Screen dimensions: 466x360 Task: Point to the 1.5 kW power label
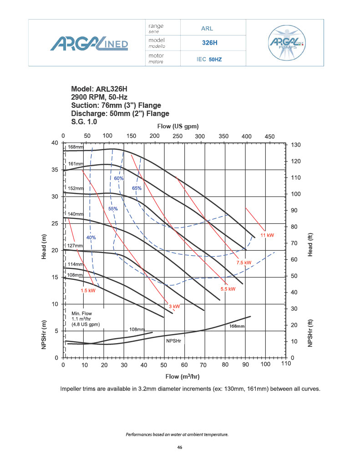(87, 290)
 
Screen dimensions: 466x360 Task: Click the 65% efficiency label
(137, 188)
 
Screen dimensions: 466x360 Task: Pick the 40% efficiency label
(91, 238)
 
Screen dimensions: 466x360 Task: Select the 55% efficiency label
(113, 209)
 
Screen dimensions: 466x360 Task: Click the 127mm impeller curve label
(75, 246)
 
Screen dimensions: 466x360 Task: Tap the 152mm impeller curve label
(76, 188)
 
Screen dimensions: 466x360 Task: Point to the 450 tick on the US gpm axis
(269, 136)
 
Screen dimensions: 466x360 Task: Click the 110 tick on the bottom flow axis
(285, 365)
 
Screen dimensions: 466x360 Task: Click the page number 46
(180, 448)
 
